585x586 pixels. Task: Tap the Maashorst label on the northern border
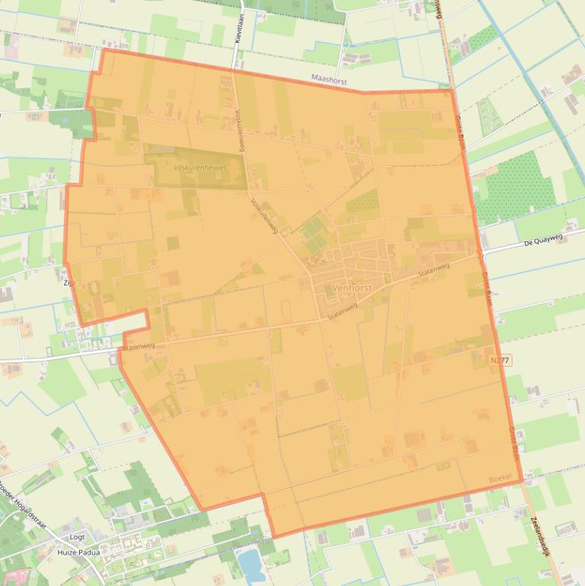[329, 78]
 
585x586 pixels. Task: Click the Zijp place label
[70, 282]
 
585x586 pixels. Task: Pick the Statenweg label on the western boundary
[138, 346]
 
